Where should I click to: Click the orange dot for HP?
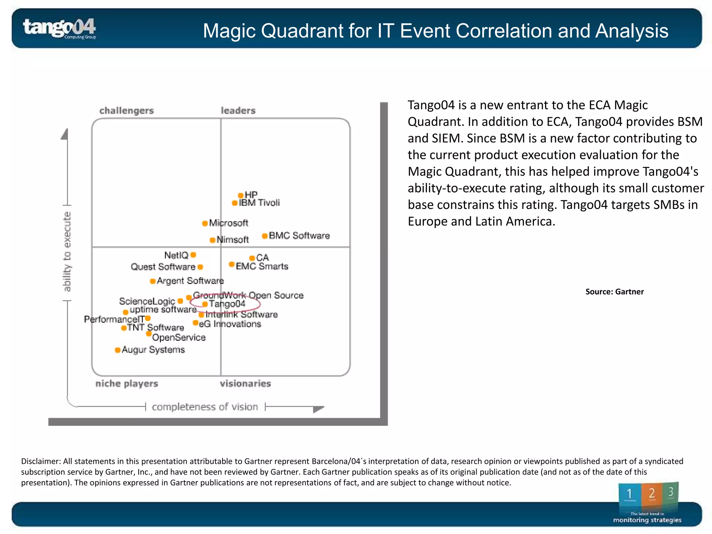(241, 195)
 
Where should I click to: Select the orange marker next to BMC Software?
(265, 236)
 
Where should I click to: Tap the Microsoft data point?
(205, 223)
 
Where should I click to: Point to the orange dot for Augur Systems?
(118, 350)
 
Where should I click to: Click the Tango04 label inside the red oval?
(227, 304)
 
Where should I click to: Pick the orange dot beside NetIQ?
(194, 255)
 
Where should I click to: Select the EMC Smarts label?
(262, 266)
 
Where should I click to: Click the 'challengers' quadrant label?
(127, 111)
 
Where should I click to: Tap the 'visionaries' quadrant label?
(245, 383)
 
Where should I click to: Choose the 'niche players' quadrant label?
(127, 383)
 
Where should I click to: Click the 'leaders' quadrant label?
(238, 111)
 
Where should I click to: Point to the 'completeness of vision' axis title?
(205, 407)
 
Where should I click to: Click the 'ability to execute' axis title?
(67, 251)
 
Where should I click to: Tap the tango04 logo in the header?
(59, 28)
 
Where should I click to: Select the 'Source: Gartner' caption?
(614, 292)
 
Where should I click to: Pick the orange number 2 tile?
(652, 494)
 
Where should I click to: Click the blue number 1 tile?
(629, 494)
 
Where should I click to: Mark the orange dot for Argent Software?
(153, 281)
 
